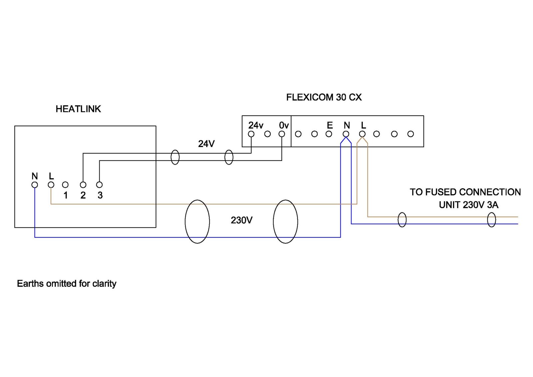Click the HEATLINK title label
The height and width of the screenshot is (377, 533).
(x=78, y=109)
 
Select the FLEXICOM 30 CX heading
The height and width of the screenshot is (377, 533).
(x=324, y=97)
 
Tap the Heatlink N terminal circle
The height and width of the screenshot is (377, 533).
(x=35, y=185)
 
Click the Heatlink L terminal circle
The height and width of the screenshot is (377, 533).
(x=51, y=185)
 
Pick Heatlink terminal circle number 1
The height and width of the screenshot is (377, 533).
(x=65, y=185)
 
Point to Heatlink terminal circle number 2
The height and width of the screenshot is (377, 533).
(x=83, y=185)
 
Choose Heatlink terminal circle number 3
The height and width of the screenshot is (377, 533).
(x=99, y=185)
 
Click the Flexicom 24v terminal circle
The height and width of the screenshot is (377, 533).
(x=251, y=134)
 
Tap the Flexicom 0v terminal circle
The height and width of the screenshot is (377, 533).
(x=282, y=134)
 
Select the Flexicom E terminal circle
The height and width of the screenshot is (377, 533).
(x=329, y=134)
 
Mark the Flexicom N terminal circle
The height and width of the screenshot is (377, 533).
(x=346, y=134)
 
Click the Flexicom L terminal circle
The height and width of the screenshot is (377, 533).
(x=362, y=134)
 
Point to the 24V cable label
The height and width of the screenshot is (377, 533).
(x=206, y=144)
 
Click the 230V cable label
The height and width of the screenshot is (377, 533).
(x=242, y=220)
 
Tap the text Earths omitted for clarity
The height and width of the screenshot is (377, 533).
(x=67, y=284)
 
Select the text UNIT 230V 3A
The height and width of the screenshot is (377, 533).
(x=468, y=205)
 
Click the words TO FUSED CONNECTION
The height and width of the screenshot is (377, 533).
(x=465, y=192)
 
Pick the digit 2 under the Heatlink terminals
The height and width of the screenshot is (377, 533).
(x=83, y=195)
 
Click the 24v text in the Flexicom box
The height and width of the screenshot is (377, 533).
(x=256, y=125)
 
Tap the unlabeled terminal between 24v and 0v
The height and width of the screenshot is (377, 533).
(x=267, y=134)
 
